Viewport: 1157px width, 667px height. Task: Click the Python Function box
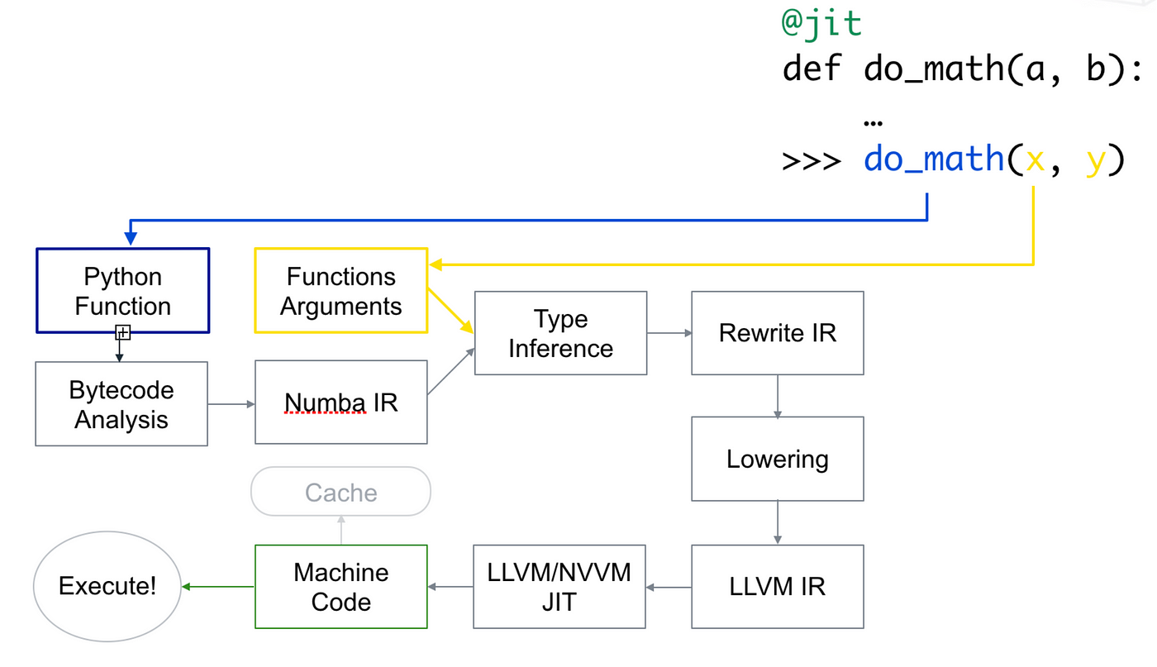[122, 291]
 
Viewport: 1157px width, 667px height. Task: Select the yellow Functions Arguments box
[340, 291]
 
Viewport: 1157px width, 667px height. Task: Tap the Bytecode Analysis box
[121, 404]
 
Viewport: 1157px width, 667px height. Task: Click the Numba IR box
[340, 403]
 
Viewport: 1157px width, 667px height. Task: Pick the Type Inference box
[560, 333]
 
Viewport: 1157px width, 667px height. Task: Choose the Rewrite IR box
[777, 333]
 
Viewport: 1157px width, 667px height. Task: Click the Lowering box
[777, 459]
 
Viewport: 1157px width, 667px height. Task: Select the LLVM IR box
[777, 587]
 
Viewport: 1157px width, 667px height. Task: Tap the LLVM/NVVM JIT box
[559, 587]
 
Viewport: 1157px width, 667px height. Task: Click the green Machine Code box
[340, 587]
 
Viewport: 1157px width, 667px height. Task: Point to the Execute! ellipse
[107, 587]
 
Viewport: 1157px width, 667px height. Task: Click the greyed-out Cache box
[340, 493]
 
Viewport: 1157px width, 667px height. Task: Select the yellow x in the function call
[1035, 158]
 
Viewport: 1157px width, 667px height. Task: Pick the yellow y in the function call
[1095, 158]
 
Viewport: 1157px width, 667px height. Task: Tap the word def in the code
[812, 69]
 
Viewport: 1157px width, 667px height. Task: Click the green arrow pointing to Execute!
[217, 587]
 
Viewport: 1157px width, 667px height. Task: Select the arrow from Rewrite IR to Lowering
[777, 396]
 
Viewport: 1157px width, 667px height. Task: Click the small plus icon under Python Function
[122, 333]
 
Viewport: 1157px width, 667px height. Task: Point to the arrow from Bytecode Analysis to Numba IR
[231, 404]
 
